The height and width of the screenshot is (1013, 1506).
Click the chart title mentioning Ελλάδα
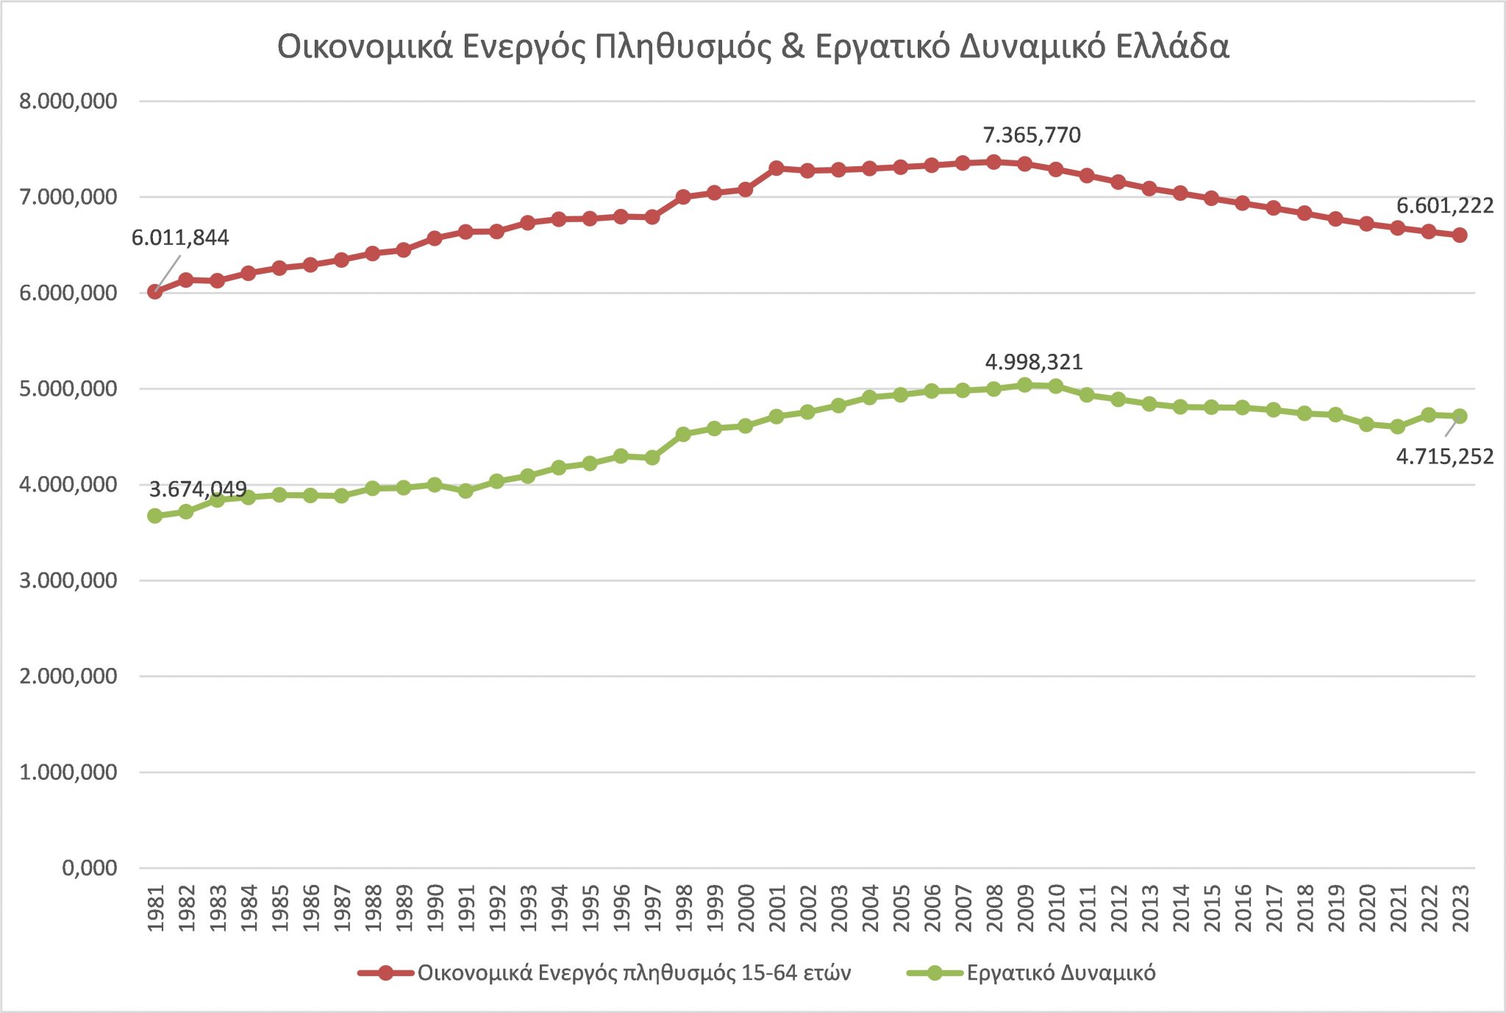click(x=753, y=46)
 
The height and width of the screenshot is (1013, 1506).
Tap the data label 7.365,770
click(x=1032, y=135)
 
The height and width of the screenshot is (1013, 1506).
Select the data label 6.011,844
click(x=180, y=238)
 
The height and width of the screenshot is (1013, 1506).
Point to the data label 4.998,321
click(x=1033, y=362)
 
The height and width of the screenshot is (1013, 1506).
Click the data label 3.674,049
click(x=198, y=489)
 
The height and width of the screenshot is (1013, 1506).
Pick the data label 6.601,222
click(x=1444, y=206)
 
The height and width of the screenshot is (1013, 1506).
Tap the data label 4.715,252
click(x=1444, y=457)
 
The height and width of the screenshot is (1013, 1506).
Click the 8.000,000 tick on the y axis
click(x=68, y=102)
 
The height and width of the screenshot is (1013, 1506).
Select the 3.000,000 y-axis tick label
click(x=68, y=580)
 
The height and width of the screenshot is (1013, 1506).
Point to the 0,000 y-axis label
click(x=90, y=868)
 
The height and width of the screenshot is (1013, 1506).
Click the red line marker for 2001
click(x=777, y=168)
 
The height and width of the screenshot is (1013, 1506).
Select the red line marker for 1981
click(x=155, y=292)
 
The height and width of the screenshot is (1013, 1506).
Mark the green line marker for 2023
click(x=1460, y=416)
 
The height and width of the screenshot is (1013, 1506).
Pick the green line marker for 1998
click(x=683, y=434)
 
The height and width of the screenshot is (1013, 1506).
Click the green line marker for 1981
click(x=155, y=516)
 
